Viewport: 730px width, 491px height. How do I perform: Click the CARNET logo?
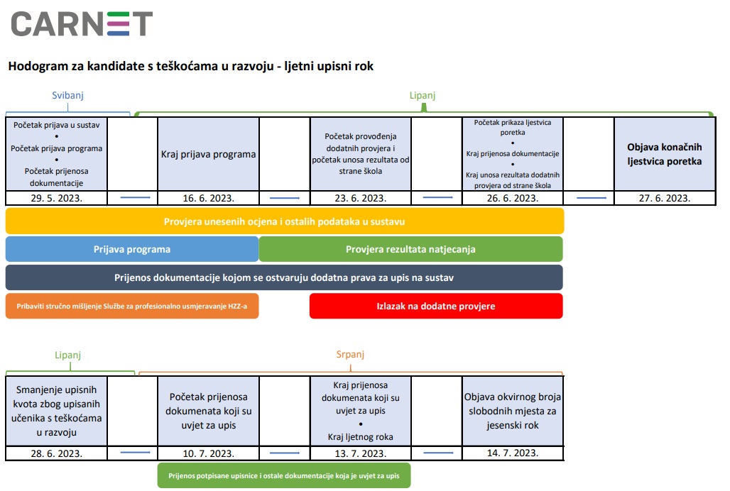click(82, 23)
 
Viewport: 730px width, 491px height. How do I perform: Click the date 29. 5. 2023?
click(56, 198)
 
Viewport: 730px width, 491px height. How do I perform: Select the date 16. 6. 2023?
click(208, 198)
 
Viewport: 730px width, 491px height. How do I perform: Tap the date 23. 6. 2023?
click(360, 198)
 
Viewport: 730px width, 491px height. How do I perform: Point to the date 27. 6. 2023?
click(665, 198)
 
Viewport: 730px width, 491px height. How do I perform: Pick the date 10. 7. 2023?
click(208, 453)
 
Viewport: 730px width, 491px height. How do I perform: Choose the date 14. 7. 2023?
click(513, 453)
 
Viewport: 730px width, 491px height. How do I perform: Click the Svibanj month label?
click(67, 95)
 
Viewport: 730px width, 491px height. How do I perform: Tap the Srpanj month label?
click(350, 354)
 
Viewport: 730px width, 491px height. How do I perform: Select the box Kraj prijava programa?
click(208, 154)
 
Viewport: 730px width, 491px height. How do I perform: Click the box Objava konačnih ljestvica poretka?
click(665, 154)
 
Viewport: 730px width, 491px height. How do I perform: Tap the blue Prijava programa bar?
click(132, 249)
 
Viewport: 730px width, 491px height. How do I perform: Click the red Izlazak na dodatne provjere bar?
click(436, 306)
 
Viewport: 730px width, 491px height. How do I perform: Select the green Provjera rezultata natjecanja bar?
click(410, 249)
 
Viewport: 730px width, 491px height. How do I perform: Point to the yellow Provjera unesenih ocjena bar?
click(285, 221)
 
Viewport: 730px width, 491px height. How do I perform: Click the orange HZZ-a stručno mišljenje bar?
click(132, 306)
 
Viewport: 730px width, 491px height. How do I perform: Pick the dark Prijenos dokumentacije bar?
click(284, 277)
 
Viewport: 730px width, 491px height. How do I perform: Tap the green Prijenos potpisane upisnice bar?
click(284, 475)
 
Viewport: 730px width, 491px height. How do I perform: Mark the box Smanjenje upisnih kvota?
click(56, 411)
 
